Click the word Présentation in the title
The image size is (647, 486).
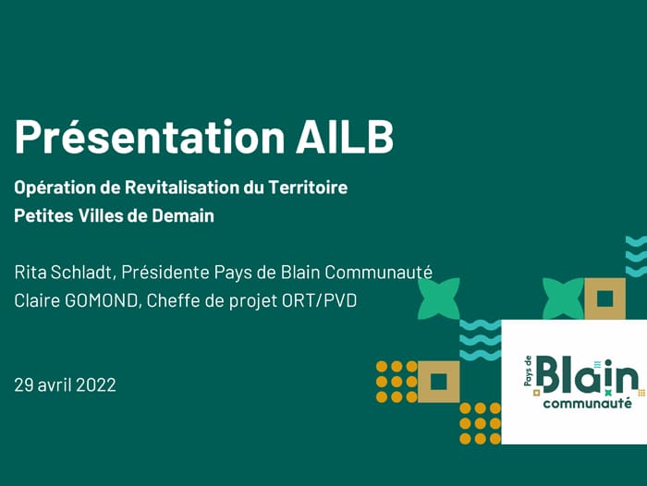click(x=150, y=137)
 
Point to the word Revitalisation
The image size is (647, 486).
click(x=181, y=188)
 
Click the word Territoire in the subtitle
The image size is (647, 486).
click(x=308, y=188)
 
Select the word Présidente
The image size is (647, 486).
click(x=165, y=273)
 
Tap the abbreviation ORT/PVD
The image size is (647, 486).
click(x=320, y=300)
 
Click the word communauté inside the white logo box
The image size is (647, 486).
click(x=587, y=403)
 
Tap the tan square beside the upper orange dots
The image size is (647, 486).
click(x=439, y=382)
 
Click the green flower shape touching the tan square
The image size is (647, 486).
click(x=563, y=298)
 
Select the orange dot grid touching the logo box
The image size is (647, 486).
click(x=481, y=423)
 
